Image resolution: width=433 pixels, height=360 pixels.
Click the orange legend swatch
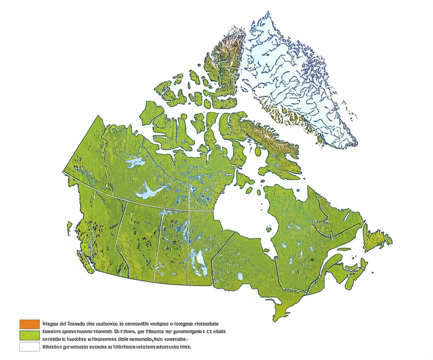30,324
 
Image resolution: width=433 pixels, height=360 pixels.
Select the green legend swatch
30,335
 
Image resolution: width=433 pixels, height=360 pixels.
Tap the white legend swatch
30,347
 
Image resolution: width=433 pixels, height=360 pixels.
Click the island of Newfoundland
378,239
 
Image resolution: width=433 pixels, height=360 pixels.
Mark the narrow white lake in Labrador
347,217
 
